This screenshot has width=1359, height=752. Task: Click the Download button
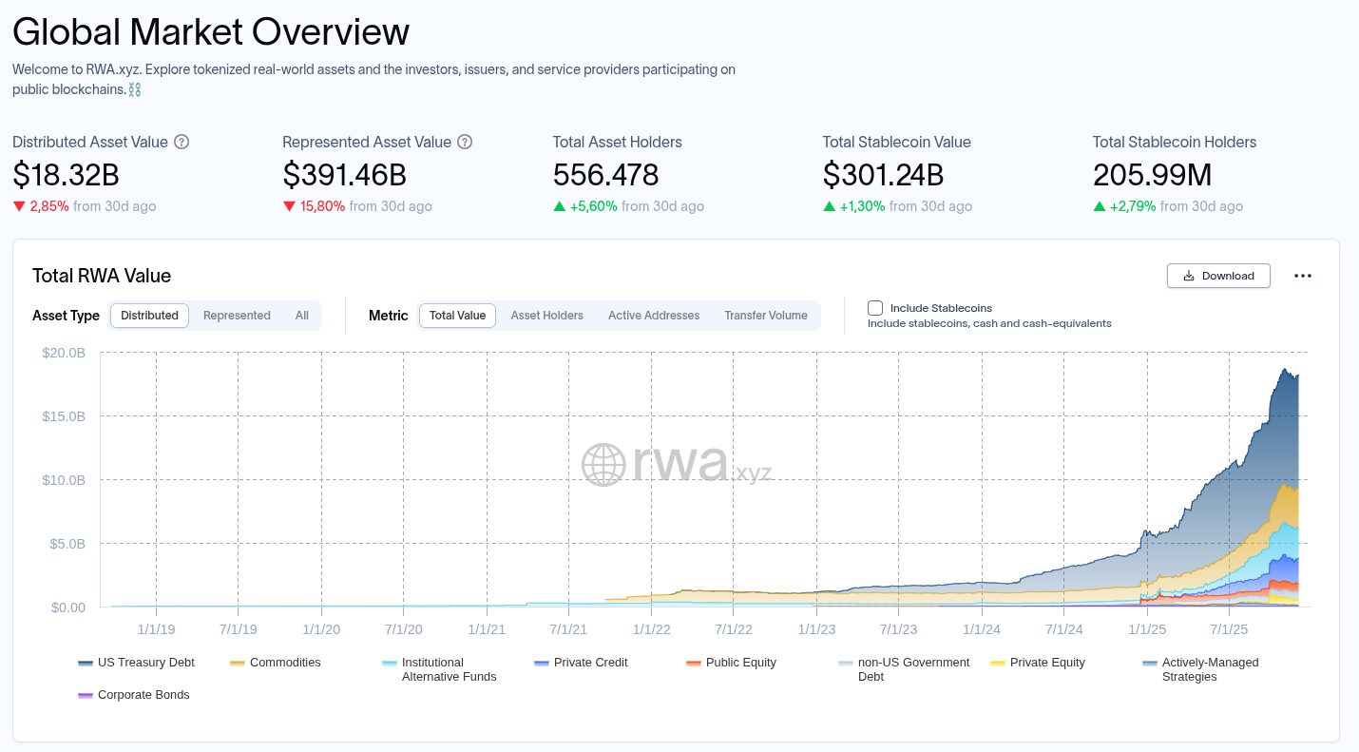tap(1218, 276)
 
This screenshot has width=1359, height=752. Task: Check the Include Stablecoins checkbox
tap(875, 308)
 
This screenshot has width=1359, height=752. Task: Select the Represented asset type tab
tap(237, 316)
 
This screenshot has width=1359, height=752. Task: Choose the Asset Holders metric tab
tap(546, 316)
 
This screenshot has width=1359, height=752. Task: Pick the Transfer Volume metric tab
tap(766, 316)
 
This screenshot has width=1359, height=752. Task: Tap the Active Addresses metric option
tap(654, 316)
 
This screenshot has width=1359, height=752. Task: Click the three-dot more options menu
tap(1303, 276)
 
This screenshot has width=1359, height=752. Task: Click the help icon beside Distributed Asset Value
tap(182, 142)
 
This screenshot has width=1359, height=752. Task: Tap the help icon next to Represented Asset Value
tap(465, 142)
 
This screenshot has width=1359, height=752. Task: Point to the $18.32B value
tap(66, 175)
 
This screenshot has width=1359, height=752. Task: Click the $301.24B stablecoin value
tap(883, 175)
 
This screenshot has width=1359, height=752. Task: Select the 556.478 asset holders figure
tap(605, 175)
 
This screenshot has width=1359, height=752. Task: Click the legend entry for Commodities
tap(276, 663)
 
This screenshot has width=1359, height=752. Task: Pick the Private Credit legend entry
tap(581, 663)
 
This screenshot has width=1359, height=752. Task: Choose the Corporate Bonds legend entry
tap(134, 694)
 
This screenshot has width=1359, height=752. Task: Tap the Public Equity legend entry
tap(731, 663)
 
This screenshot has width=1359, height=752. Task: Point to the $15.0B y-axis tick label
tap(64, 416)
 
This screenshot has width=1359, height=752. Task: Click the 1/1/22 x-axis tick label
tap(652, 629)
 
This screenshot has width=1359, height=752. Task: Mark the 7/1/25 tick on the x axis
tap(1229, 629)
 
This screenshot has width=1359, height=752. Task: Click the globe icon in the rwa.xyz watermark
tap(603, 464)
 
